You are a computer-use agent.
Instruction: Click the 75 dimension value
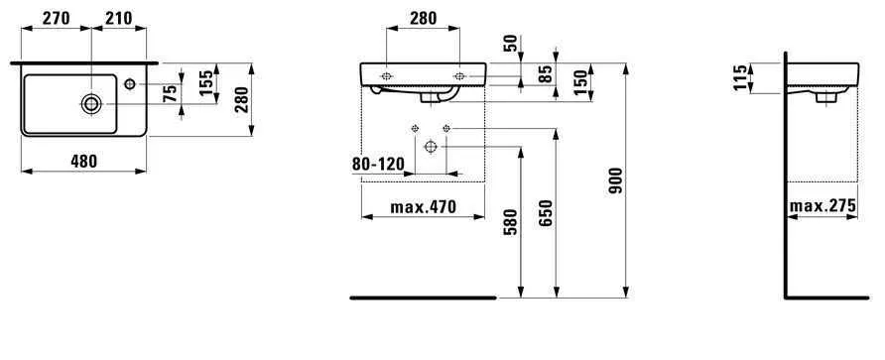(x=170, y=95)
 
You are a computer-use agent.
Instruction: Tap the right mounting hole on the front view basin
(x=460, y=74)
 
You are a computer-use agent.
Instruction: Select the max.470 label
(x=422, y=208)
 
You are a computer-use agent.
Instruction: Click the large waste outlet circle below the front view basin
(x=431, y=146)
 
